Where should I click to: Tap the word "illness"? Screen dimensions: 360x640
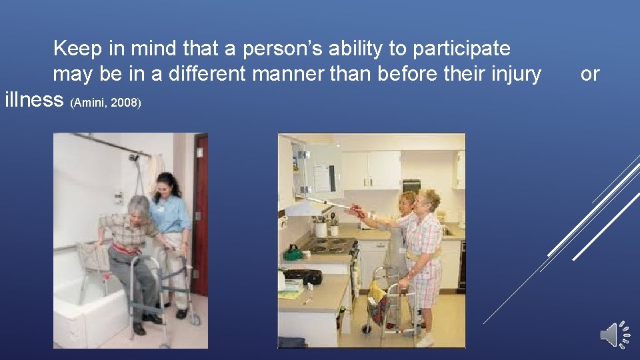pyautogui.click(x=34, y=100)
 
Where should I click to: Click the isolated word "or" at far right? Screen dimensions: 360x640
pyautogui.click(x=590, y=74)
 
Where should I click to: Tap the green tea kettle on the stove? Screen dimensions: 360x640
pyautogui.click(x=293, y=253)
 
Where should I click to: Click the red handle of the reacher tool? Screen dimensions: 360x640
pyautogui.click(x=359, y=212)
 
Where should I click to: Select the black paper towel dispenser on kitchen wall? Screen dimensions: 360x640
pyautogui.click(x=412, y=185)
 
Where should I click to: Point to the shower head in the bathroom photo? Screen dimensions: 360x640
pyautogui.click(x=134, y=159)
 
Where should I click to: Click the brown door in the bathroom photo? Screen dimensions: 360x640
pyautogui.click(x=200, y=213)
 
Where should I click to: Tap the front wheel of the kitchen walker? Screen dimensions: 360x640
pyautogui.click(x=367, y=329)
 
